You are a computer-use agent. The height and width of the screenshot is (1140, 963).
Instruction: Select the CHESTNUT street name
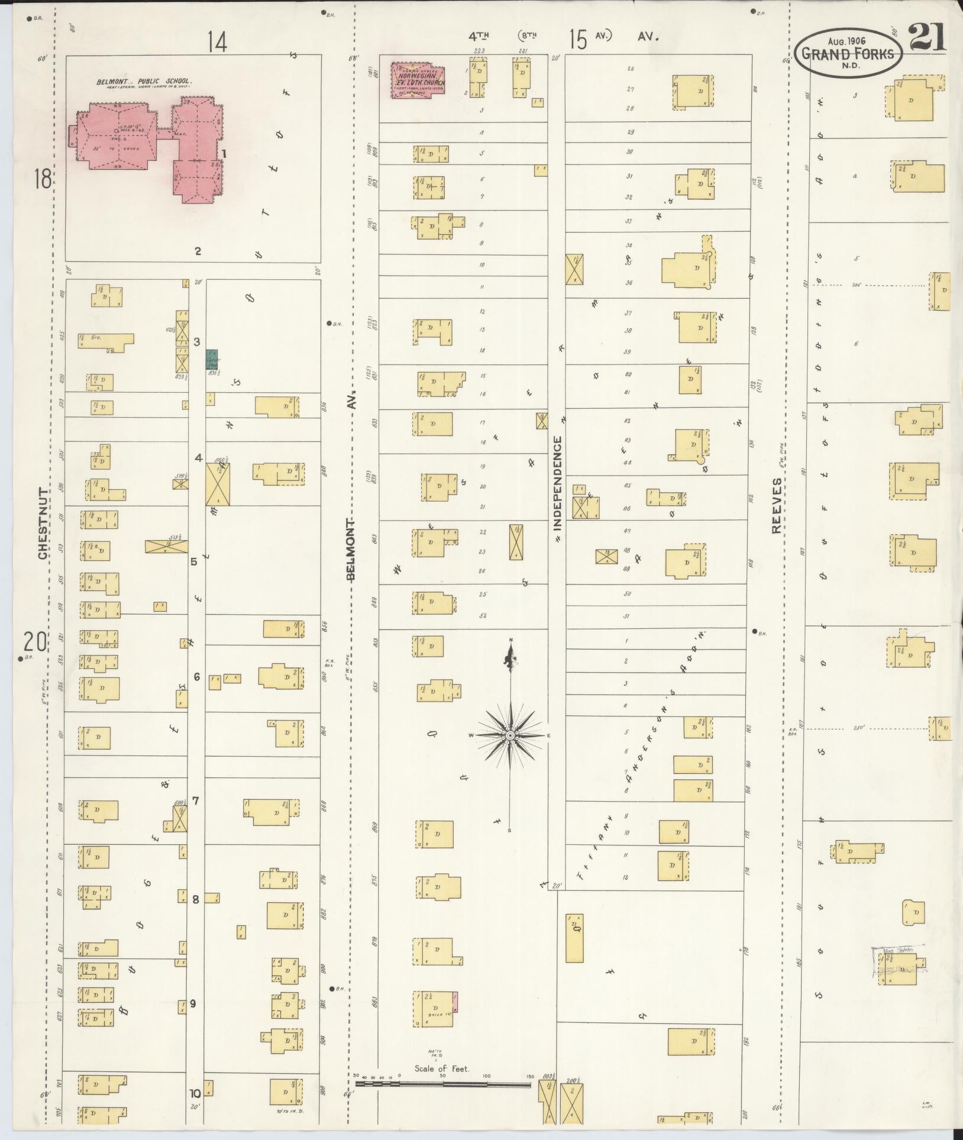43,523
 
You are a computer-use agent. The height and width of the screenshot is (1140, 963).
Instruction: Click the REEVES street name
777,506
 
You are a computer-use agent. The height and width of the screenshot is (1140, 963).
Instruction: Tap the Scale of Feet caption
441,1068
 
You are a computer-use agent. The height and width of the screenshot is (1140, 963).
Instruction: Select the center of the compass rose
509,735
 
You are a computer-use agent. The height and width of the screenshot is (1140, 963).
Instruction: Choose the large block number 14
217,43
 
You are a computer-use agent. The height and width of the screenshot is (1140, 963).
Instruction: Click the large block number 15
579,40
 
